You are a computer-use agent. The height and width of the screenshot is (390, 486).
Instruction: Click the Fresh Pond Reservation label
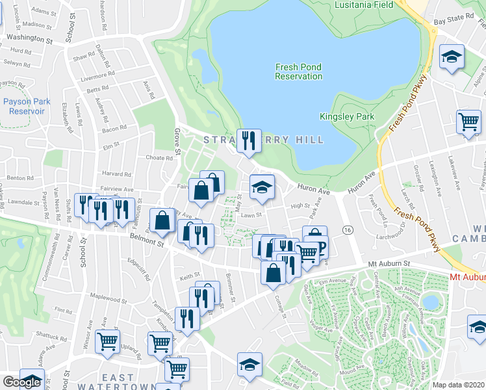(x=298, y=71)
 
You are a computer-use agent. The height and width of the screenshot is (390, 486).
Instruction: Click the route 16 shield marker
(x=348, y=230)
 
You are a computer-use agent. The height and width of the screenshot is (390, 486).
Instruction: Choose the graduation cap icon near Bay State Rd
(x=452, y=58)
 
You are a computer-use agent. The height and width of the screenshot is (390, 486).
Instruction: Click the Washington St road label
(x=29, y=38)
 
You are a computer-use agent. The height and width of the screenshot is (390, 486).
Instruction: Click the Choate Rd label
(x=159, y=157)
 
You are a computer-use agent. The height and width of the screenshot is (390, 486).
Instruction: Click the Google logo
(x=21, y=382)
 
